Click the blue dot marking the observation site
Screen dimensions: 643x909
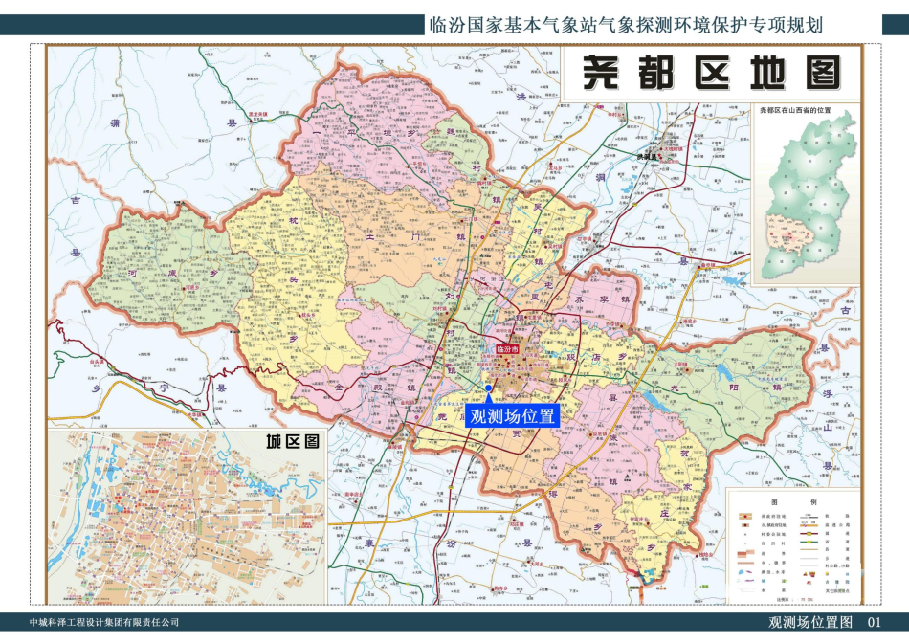(x=488, y=388)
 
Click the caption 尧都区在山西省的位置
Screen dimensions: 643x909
(x=807, y=111)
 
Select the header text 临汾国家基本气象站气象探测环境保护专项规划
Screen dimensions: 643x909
(x=627, y=25)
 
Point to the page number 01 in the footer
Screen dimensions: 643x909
(x=873, y=623)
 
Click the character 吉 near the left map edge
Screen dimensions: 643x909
(x=74, y=201)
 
